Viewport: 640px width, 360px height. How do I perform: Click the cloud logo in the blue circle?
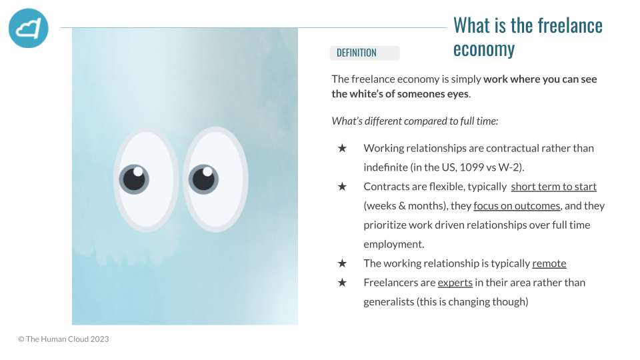[x=29, y=28]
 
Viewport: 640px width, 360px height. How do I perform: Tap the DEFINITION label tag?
[x=365, y=53]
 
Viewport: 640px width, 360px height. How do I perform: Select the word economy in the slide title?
[x=484, y=49]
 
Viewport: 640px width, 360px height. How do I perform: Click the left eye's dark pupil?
[x=134, y=179]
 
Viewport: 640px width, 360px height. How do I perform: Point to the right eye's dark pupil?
[x=203, y=179]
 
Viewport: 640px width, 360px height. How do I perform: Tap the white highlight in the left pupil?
[x=139, y=171]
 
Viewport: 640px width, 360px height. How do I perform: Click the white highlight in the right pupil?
[x=208, y=171]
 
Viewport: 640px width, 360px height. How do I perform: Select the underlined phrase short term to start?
[x=553, y=187]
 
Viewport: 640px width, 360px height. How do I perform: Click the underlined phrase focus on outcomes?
[x=517, y=206]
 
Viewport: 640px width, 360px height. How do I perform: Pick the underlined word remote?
[x=549, y=263]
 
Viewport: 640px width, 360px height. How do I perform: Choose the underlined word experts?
[x=455, y=283]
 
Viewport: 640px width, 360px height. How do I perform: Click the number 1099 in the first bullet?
[x=471, y=167]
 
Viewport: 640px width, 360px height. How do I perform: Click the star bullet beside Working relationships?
[x=342, y=148]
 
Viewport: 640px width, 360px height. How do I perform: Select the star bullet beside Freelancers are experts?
[x=342, y=283]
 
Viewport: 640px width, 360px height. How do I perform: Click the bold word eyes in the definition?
[x=457, y=94]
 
